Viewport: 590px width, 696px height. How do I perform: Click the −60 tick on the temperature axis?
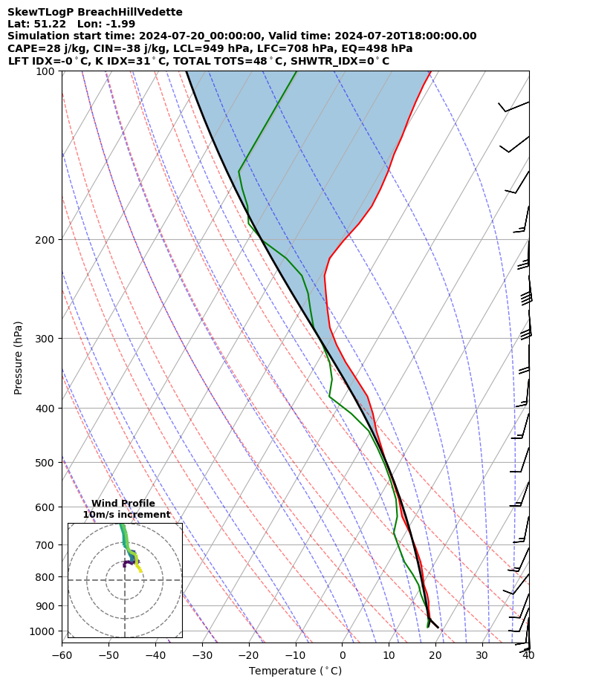[x=62, y=655]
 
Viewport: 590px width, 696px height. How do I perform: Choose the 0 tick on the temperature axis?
[x=342, y=655]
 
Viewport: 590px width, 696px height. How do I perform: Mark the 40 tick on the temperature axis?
[x=528, y=655]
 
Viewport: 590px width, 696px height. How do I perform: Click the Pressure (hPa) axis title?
[x=19, y=357]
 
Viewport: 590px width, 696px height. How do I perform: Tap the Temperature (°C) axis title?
[x=295, y=671]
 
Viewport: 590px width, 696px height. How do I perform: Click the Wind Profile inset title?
[x=123, y=504]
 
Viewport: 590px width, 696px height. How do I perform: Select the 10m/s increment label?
[x=126, y=515]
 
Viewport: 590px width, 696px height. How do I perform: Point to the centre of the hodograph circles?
[x=125, y=580]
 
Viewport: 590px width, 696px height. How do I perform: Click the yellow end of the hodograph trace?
[x=141, y=571]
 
